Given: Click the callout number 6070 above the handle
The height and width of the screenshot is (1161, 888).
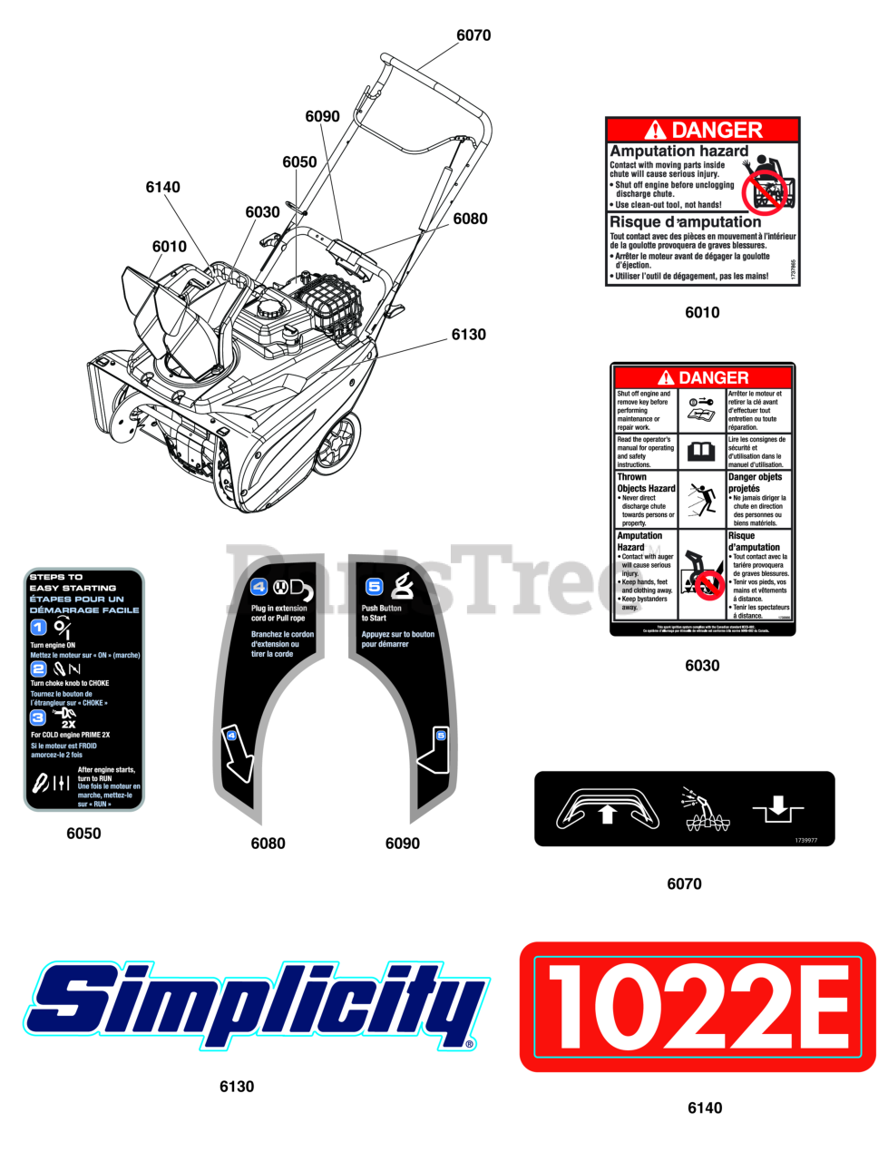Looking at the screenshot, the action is pyautogui.click(x=473, y=35).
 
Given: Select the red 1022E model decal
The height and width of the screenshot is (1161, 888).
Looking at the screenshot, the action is pyautogui.click(x=698, y=1007).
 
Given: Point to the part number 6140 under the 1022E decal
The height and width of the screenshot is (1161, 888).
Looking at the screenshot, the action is pyautogui.click(x=705, y=1107).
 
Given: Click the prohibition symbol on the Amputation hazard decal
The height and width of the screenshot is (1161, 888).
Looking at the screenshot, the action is pyautogui.click(x=763, y=191).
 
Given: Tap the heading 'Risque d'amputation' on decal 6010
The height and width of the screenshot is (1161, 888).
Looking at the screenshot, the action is pyautogui.click(x=685, y=222).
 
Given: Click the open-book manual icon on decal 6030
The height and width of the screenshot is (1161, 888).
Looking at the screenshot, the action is pyautogui.click(x=701, y=451).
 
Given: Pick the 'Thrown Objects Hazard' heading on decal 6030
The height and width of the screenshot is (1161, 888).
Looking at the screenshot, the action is pyautogui.click(x=646, y=483).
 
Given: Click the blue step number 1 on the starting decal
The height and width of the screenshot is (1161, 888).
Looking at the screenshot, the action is pyautogui.click(x=38, y=627).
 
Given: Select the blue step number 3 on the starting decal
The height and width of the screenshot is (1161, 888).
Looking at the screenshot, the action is pyautogui.click(x=38, y=717).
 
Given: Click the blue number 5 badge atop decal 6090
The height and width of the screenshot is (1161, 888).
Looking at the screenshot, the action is pyautogui.click(x=374, y=587).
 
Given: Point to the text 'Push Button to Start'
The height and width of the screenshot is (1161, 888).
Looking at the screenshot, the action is pyautogui.click(x=381, y=613).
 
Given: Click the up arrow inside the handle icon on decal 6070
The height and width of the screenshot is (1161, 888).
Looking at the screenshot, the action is pyautogui.click(x=608, y=815).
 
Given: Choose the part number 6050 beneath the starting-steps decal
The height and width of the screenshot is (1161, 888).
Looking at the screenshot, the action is pyautogui.click(x=83, y=834).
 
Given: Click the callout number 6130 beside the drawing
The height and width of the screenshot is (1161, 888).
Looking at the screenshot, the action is pyautogui.click(x=468, y=335).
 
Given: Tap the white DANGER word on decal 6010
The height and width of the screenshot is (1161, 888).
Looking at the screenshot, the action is pyautogui.click(x=717, y=131).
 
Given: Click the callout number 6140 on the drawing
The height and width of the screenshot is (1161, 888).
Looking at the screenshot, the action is pyautogui.click(x=162, y=188).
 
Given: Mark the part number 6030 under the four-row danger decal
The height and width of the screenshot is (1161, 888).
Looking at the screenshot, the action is pyautogui.click(x=702, y=666).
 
